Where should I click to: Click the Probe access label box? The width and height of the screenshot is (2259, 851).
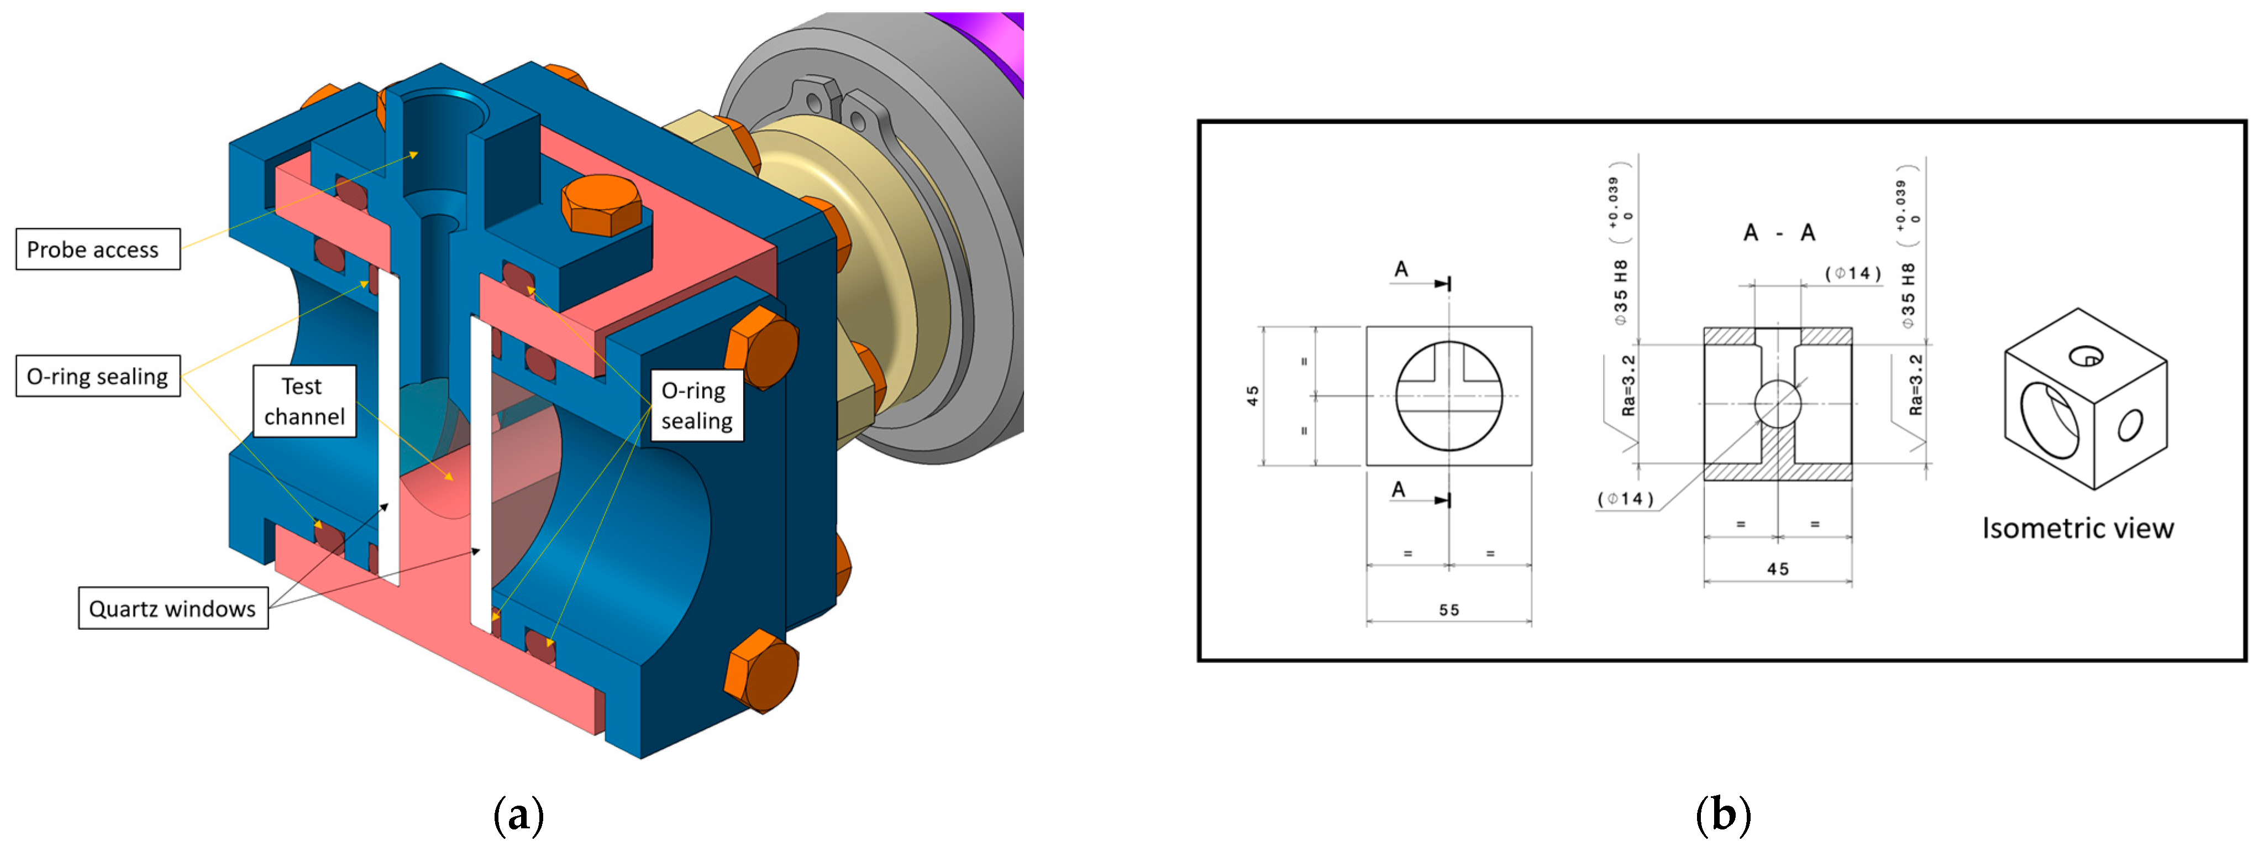click(97, 249)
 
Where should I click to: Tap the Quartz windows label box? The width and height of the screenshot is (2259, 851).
click(173, 608)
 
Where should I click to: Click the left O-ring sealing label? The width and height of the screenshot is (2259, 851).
click(97, 377)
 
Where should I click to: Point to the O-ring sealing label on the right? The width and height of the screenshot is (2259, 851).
click(696, 405)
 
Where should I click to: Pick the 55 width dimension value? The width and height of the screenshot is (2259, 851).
click(1449, 610)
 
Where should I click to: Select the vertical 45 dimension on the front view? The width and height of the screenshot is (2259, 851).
click(1252, 396)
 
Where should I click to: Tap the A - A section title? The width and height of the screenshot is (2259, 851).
click(1778, 232)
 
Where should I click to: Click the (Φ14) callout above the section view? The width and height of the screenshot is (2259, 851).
click(1853, 273)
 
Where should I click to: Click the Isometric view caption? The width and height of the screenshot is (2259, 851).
click(2078, 528)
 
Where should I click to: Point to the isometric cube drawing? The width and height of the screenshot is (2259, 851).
click(2084, 399)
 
